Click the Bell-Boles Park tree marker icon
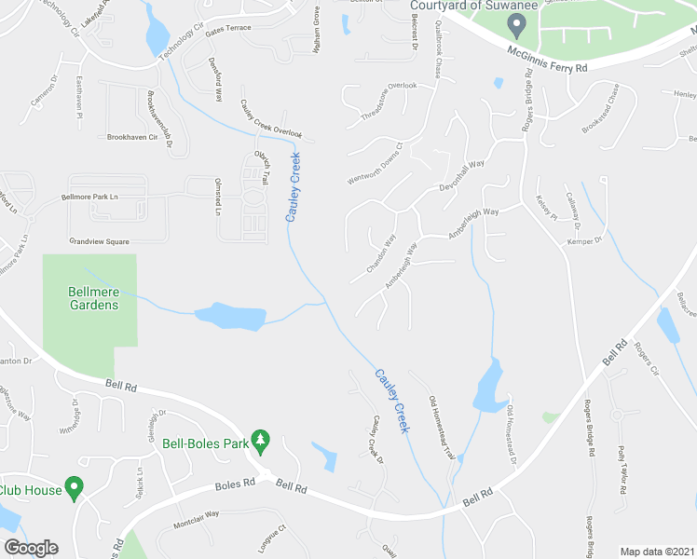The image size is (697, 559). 262,439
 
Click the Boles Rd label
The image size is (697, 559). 235,484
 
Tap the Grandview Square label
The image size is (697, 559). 98,240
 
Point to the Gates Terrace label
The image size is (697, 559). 228,29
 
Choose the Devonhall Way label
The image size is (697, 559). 463,176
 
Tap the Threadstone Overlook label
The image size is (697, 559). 389,101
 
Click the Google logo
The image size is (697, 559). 31,548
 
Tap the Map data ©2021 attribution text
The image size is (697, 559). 658,552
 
